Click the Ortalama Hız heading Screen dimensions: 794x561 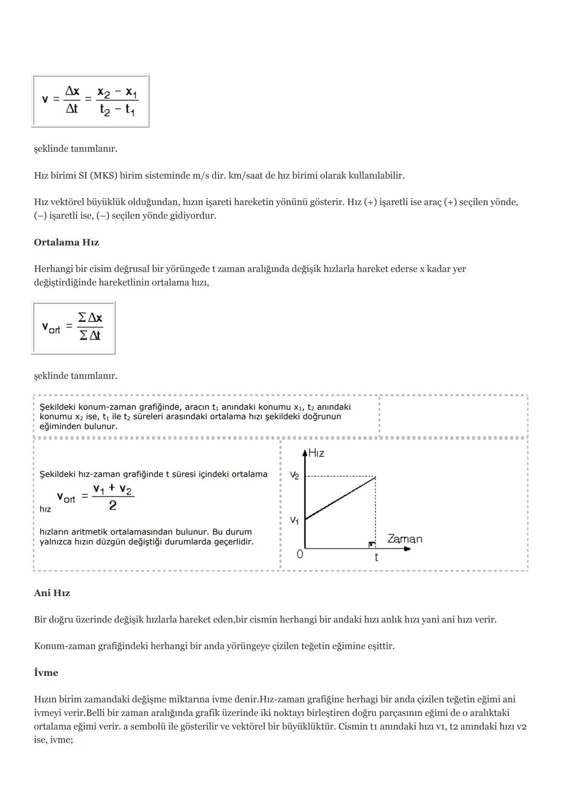(66, 242)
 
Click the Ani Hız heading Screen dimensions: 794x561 (52, 593)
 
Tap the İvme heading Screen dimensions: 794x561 (46, 672)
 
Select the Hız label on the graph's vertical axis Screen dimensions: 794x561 (316, 453)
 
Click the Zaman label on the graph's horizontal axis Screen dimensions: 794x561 (405, 539)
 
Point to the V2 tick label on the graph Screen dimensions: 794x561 (295, 475)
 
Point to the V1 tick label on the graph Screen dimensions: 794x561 (295, 519)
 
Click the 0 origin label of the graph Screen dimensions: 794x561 (300, 554)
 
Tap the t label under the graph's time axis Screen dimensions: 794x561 (376, 557)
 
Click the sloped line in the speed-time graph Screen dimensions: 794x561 (340, 498)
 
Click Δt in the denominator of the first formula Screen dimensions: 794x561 (72, 109)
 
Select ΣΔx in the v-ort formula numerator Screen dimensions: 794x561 (90, 317)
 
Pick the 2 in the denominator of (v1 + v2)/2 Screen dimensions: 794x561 (113, 505)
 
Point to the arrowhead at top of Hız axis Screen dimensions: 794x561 (305, 450)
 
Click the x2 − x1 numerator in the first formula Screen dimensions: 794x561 (117, 93)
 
